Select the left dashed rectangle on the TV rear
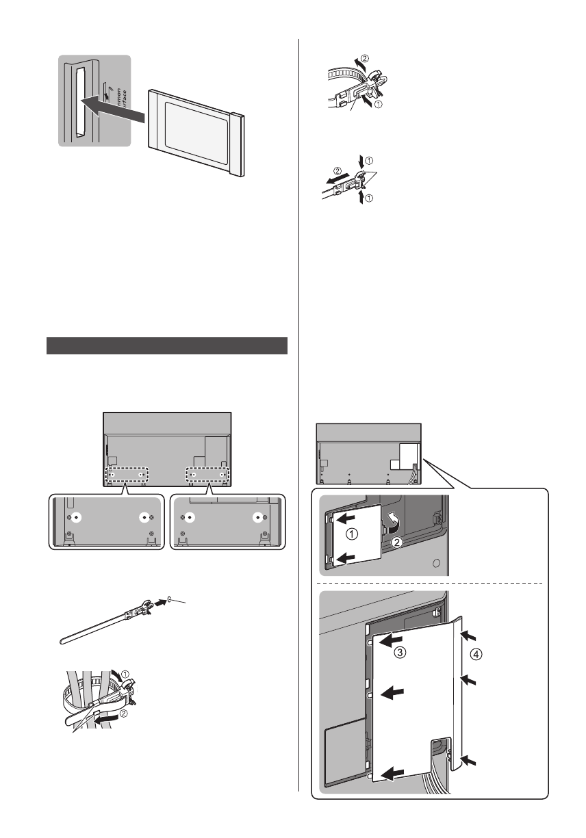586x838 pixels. pos(125,473)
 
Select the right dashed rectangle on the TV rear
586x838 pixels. pos(207,473)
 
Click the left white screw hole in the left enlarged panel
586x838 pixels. pos(77,516)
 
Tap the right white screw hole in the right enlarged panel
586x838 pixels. pos(258,516)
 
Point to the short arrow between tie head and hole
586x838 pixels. pos(160,603)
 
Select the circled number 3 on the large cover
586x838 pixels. pos(399,654)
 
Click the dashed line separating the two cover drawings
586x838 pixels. pos(431,583)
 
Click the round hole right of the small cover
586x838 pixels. pos(435,565)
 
